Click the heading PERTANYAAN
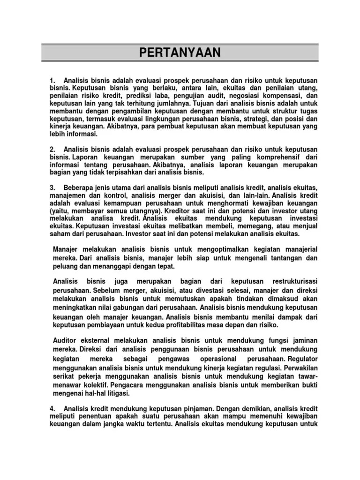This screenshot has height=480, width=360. coord(180,52)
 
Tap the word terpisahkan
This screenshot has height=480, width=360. coord(125,172)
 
